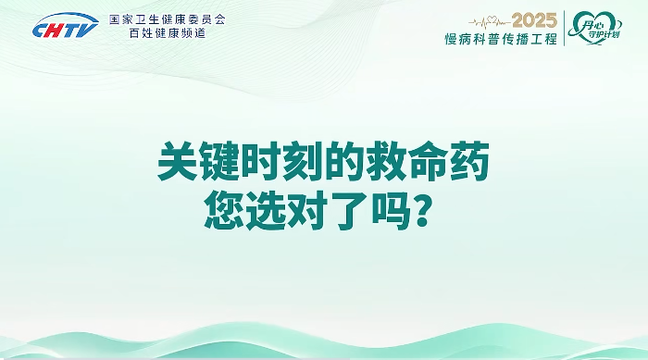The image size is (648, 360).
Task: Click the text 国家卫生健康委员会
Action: [167, 19]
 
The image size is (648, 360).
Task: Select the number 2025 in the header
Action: [534, 20]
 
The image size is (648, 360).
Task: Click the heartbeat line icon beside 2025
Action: [489, 20]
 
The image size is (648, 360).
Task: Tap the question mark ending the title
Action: [420, 214]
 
